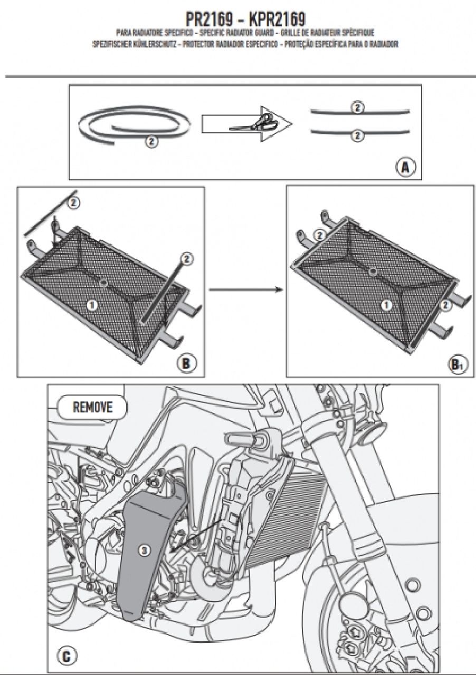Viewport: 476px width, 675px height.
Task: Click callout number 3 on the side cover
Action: [145, 549]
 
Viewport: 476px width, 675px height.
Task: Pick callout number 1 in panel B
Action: [92, 305]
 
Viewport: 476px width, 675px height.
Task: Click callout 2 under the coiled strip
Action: [150, 141]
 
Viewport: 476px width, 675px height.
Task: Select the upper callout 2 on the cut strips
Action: [358, 108]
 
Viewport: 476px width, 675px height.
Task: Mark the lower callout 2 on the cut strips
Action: [358, 136]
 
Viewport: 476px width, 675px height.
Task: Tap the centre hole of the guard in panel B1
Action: [374, 272]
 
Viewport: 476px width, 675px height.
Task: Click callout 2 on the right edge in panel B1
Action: [445, 304]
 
